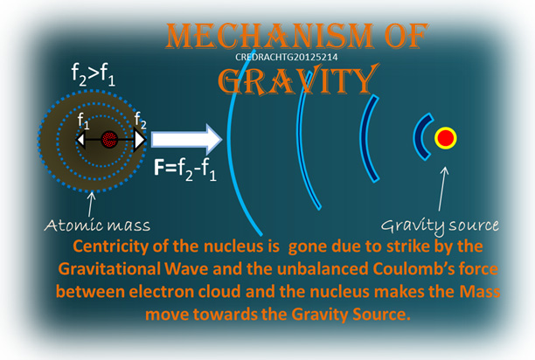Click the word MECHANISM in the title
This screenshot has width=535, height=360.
coord(268,36)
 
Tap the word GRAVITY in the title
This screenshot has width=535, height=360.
coord(298,80)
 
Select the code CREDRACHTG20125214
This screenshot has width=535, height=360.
coord(286,57)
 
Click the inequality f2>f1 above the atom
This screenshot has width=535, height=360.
coord(93,74)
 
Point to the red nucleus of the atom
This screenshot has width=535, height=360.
coord(109,139)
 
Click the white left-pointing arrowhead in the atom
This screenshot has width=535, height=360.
coord(80,140)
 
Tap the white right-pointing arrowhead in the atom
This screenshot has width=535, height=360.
coord(140,140)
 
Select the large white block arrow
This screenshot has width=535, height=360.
coord(186,140)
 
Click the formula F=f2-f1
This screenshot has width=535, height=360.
coord(185,170)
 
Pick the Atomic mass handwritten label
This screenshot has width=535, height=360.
coord(97,225)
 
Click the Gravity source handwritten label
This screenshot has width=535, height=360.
coord(440,226)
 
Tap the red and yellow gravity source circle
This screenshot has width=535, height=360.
coord(446,138)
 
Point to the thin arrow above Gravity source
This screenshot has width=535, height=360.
coord(441,189)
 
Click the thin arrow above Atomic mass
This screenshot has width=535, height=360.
coord(90,204)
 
